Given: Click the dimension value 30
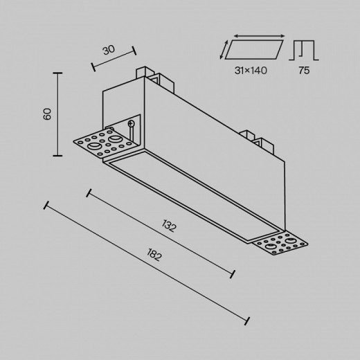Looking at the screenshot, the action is point(109,50).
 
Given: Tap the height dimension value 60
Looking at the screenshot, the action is point(47,114).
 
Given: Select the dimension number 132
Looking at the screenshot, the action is point(169,226).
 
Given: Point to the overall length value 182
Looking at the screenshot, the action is point(154,255).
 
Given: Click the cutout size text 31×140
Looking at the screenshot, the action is point(251,71).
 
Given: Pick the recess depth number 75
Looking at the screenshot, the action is point(304,71).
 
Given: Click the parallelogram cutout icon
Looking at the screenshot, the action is point(254,50).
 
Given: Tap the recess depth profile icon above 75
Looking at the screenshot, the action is point(304,51).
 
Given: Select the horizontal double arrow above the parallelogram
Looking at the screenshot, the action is point(259,36).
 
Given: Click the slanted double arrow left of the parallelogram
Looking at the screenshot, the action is point(224,49).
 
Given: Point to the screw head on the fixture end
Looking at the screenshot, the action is point(131,123).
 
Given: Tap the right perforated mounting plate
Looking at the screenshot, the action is point(280,244).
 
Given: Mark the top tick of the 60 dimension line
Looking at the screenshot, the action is point(57,73).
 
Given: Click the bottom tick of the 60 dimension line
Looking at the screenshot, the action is point(57,156).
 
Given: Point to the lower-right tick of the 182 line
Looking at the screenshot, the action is point(247,321).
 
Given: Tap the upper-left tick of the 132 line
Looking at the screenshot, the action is point(89,193).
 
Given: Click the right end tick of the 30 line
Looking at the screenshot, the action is point(134,51).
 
